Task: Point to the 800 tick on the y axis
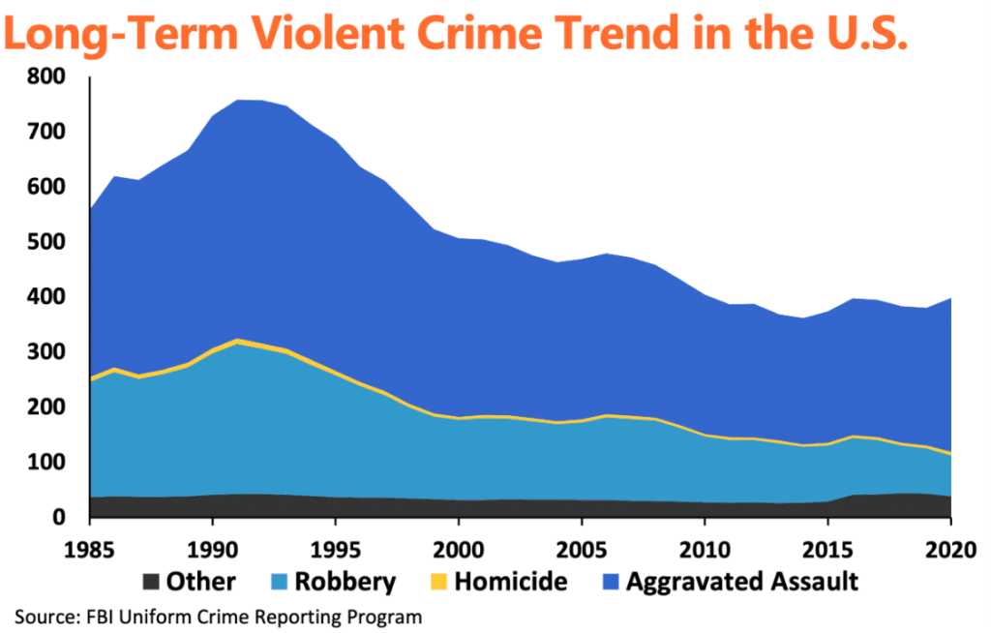[47, 76]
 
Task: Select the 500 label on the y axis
[47, 242]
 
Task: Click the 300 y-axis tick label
[47, 352]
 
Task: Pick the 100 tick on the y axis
[47, 463]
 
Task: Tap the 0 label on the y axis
[59, 518]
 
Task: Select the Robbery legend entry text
[346, 582]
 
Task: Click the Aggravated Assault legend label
[742, 582]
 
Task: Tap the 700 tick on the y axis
[47, 132]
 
